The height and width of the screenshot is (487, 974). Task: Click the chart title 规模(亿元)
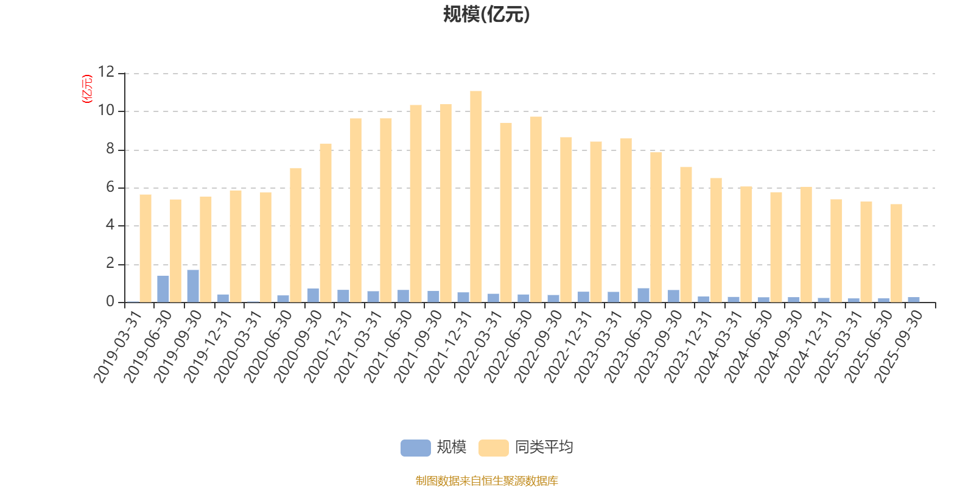[486, 15]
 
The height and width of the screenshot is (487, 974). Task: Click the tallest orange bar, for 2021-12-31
[476, 196]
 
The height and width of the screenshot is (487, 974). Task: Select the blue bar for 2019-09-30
[193, 286]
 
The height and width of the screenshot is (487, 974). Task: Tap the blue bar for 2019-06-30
[163, 289]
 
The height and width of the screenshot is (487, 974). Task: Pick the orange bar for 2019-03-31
[145, 248]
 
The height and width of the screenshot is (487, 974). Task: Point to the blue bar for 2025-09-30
[914, 300]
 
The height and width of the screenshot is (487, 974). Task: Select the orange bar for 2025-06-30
[896, 253]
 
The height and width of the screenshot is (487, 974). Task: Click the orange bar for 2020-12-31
[356, 210]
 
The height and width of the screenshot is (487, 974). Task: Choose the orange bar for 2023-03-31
[626, 220]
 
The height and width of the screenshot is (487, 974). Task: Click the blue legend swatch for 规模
[415, 447]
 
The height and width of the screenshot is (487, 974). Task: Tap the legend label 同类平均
[544, 447]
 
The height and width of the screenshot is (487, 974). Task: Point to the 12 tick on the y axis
[107, 72]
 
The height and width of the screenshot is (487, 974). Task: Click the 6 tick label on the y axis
[110, 187]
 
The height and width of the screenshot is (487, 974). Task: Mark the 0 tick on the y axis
[110, 302]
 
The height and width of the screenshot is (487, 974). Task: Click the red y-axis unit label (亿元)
[87, 89]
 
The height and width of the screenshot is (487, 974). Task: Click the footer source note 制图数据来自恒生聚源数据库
[486, 481]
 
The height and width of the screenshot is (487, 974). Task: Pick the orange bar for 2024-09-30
[806, 244]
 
